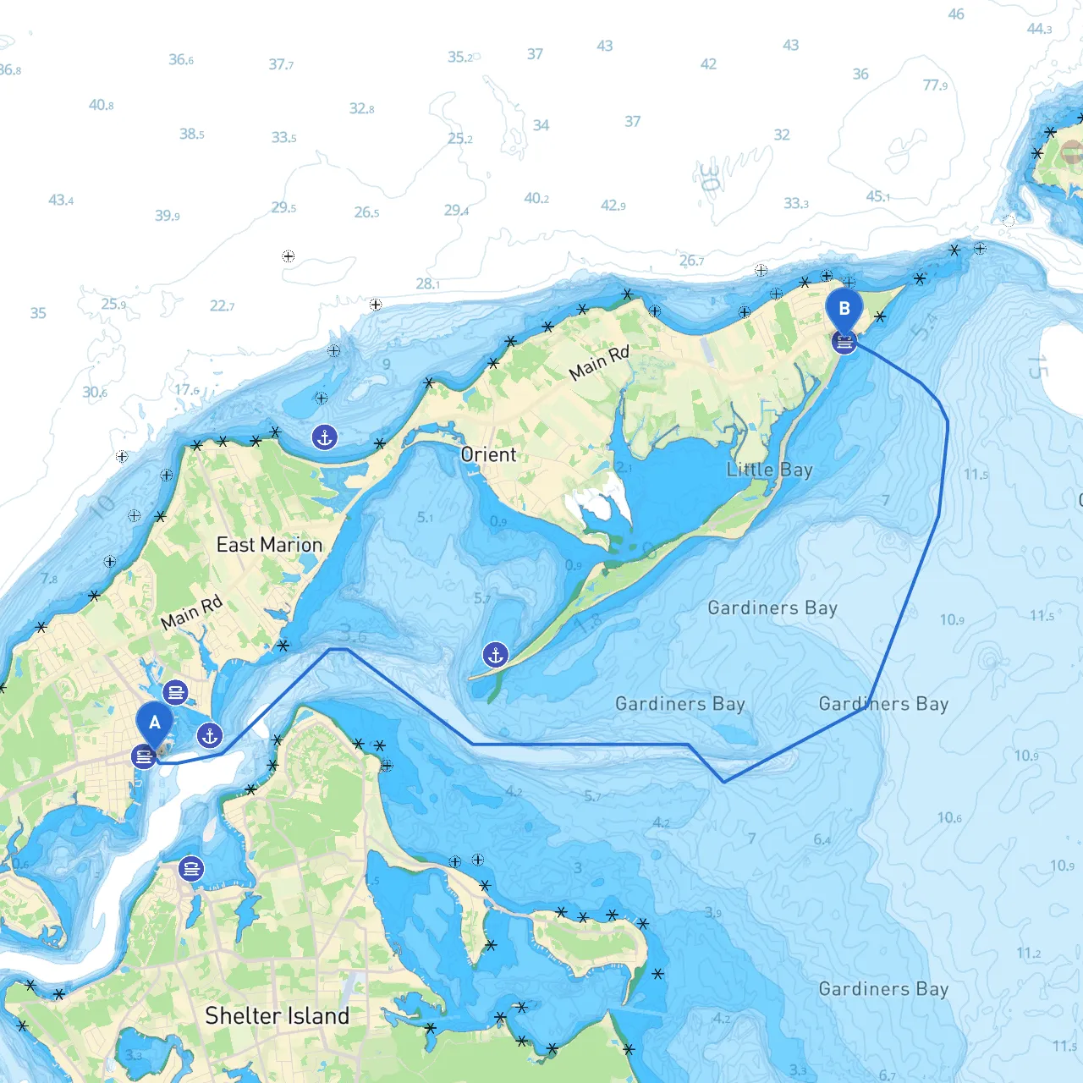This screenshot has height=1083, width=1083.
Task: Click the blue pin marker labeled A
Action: (x=155, y=724)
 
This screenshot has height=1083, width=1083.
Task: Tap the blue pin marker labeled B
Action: (x=844, y=310)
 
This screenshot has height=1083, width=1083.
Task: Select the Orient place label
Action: (x=488, y=454)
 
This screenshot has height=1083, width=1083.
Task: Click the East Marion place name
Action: (x=269, y=545)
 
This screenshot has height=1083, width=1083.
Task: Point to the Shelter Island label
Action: (x=277, y=1015)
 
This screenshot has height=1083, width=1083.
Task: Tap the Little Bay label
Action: (x=769, y=470)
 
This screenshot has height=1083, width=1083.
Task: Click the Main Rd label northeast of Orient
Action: (x=599, y=363)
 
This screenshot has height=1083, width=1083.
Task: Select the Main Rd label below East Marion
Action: (x=191, y=612)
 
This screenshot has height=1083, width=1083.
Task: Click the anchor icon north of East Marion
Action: (x=325, y=437)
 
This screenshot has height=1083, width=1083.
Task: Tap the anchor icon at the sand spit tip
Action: (x=496, y=654)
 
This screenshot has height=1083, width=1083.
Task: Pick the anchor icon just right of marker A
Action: (x=210, y=735)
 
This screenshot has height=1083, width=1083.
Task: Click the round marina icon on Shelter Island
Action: (x=191, y=869)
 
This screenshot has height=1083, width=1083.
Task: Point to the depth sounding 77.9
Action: (x=935, y=85)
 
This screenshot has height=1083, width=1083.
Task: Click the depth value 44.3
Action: (x=1039, y=29)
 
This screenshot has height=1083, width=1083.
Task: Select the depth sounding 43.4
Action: (x=61, y=201)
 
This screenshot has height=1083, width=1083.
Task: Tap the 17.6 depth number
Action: (x=187, y=390)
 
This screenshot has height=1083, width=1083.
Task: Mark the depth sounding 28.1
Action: (x=427, y=283)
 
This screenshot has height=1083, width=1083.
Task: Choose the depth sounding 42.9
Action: (x=613, y=206)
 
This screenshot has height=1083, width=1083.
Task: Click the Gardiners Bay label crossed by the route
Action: (x=883, y=704)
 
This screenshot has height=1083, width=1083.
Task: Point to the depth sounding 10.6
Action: (x=949, y=817)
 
